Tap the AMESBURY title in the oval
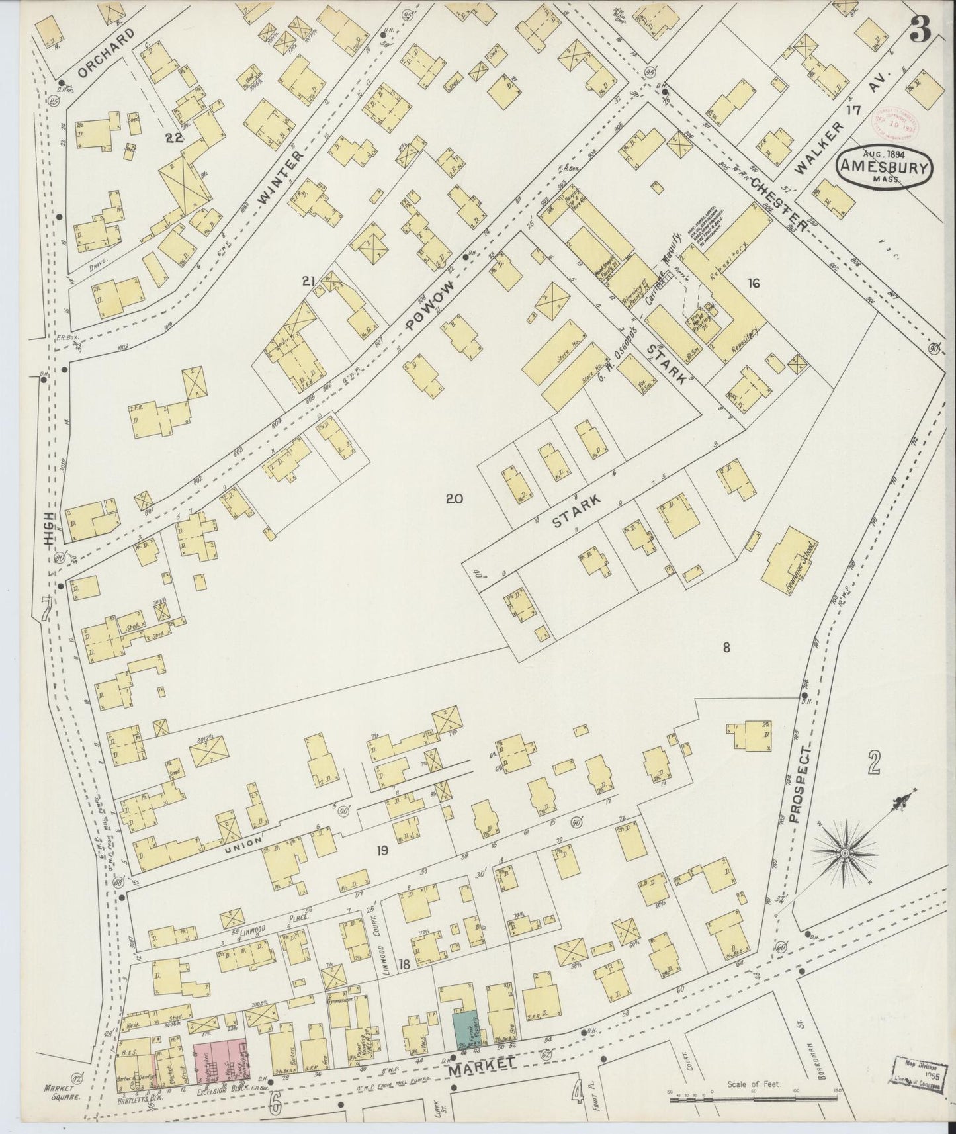[884, 167]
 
